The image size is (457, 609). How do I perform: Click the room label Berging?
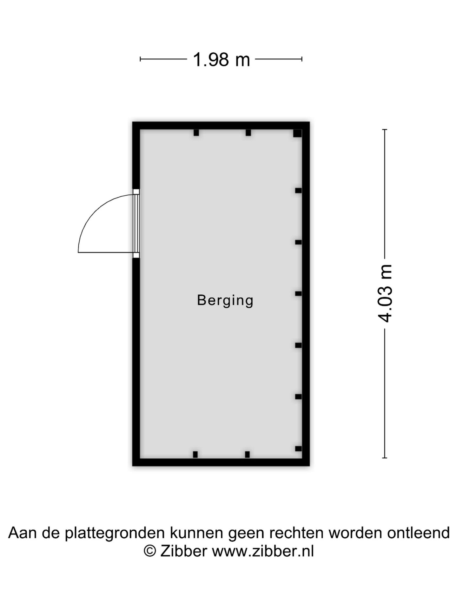(225, 300)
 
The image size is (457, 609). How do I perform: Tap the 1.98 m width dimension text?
(221, 60)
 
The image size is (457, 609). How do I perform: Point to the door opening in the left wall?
(136, 223)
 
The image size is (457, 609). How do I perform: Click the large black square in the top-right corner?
(297, 133)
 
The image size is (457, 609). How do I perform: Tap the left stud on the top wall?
(196, 133)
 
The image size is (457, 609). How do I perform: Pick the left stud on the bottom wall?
(195, 455)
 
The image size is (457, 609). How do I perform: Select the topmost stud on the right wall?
(298, 191)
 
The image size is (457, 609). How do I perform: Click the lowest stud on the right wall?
(298, 449)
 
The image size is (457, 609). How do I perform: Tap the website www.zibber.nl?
(263, 551)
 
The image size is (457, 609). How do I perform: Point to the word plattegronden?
(115, 534)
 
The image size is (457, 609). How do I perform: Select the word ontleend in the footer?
(418, 533)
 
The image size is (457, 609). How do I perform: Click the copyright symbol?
(150, 551)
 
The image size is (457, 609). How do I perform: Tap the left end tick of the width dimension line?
(140, 59)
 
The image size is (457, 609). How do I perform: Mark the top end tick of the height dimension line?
(385, 130)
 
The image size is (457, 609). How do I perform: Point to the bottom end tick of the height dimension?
(385, 458)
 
